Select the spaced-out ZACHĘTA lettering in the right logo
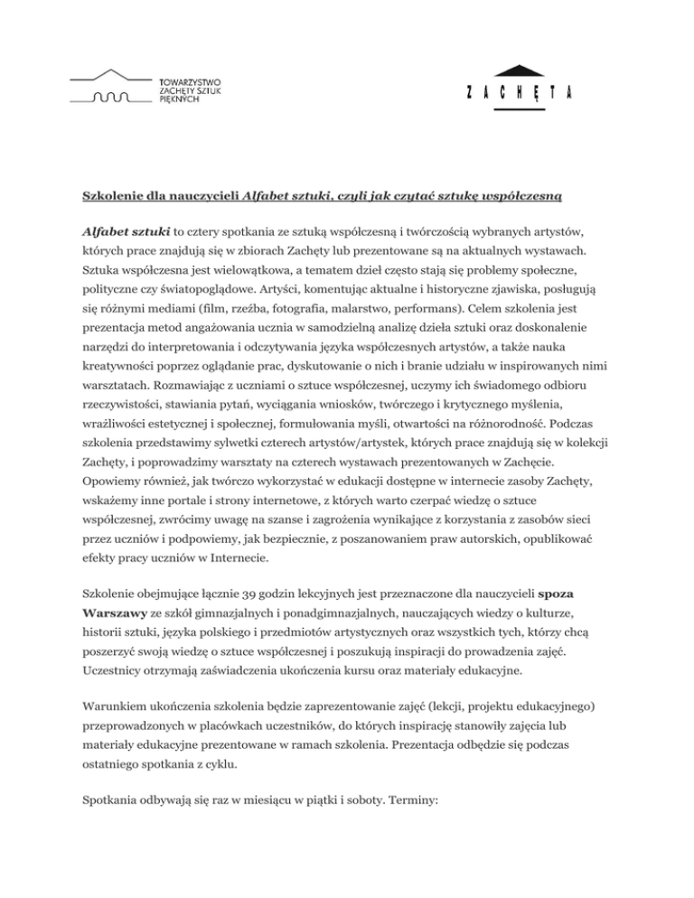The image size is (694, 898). point(521,94)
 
